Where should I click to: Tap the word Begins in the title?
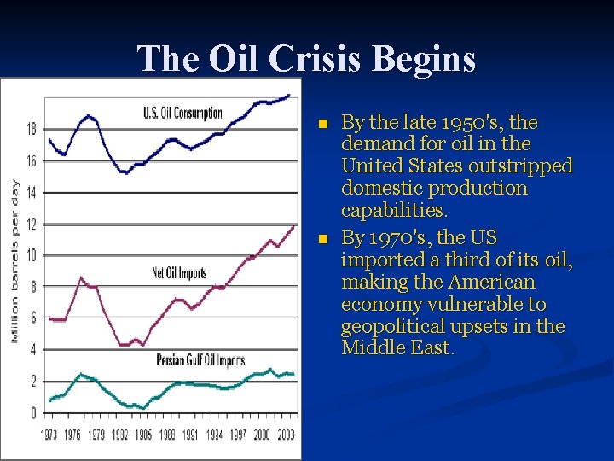click(430, 59)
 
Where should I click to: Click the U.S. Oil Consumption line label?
click(182, 113)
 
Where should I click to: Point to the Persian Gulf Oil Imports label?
click(200, 360)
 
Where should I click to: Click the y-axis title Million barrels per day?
click(14, 260)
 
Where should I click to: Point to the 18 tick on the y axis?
click(31, 129)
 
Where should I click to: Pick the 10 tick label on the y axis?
click(31, 255)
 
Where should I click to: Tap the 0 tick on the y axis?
click(33, 413)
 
